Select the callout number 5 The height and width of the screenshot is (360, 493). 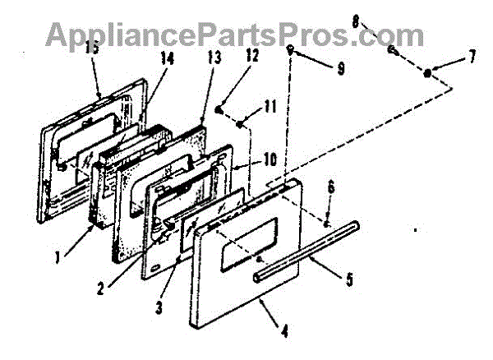[350, 279]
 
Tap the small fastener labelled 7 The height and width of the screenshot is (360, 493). [429, 74]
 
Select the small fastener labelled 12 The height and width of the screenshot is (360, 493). [219, 109]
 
